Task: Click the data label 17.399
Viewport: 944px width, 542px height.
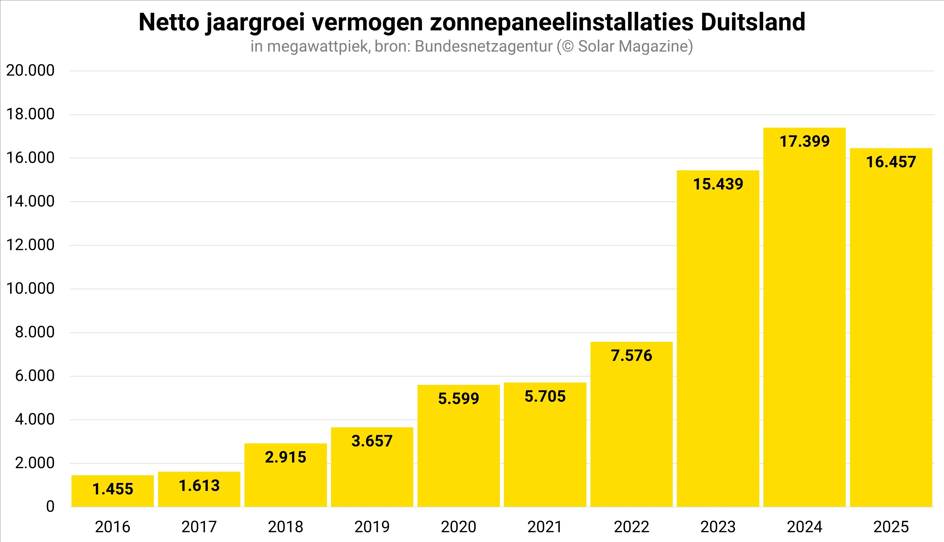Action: click(x=804, y=142)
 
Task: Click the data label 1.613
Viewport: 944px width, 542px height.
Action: click(x=199, y=486)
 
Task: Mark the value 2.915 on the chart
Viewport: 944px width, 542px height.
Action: click(x=286, y=457)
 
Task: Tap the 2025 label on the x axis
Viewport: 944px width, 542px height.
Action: click(x=891, y=527)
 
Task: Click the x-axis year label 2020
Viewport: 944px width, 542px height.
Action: click(x=458, y=527)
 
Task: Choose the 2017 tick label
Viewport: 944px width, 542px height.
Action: click(x=199, y=527)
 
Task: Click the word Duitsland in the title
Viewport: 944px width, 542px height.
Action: click(x=753, y=22)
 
